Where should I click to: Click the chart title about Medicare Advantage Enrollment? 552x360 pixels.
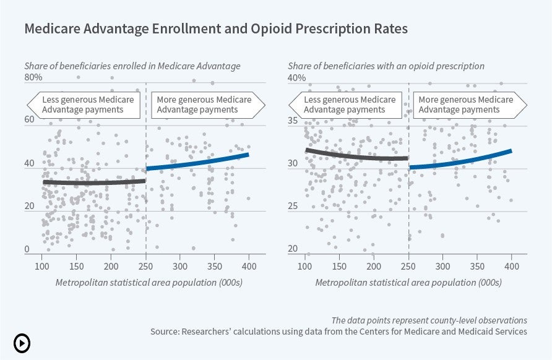click(216, 29)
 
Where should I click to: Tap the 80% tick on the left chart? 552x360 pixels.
click(33, 77)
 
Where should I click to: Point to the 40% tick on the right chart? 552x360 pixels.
click(296, 78)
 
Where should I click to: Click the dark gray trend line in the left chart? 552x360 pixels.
click(93, 182)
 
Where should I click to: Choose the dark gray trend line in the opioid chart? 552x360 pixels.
click(356, 156)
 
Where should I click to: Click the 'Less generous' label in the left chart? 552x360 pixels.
click(87, 105)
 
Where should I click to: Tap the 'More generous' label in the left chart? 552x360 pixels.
click(204, 105)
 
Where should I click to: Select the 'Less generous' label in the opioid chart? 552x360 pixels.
click(349, 105)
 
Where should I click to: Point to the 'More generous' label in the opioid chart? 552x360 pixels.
click(465, 105)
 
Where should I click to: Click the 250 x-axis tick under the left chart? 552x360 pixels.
click(145, 265)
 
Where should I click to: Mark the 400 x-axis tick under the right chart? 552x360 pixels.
click(511, 265)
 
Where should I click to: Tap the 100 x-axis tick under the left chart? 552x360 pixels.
click(42, 265)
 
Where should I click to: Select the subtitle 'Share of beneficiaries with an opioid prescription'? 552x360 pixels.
click(386, 66)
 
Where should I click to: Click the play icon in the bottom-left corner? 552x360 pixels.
click(21, 343)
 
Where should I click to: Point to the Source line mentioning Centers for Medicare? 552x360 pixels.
click(339, 332)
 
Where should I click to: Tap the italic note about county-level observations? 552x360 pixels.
click(429, 320)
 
